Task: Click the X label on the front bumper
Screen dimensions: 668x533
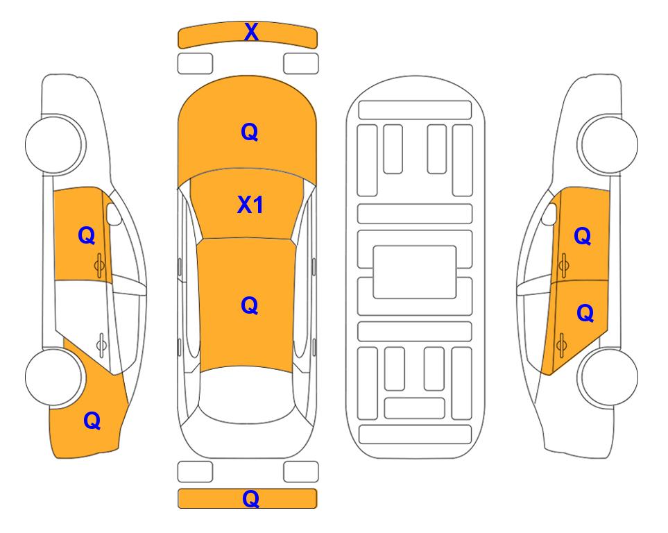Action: point(251,32)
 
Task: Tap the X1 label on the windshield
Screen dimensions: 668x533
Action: point(250,205)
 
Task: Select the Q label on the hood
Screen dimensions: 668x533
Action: point(250,132)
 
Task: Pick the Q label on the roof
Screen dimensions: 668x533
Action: point(250,306)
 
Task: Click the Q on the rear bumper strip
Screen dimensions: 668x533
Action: point(250,499)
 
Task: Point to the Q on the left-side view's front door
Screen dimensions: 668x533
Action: point(87,235)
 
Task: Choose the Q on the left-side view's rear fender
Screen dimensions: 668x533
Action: point(92,421)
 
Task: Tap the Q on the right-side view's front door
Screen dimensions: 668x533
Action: point(583,236)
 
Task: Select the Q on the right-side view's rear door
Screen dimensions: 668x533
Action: point(585,314)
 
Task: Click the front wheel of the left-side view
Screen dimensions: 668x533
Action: point(55,144)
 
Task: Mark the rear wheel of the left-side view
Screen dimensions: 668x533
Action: point(53,377)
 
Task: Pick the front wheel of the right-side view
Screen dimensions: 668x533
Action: point(608,144)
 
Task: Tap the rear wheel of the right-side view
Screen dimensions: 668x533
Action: point(609,377)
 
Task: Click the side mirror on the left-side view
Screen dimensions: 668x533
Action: point(113,214)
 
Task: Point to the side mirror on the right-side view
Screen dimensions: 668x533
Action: point(549,214)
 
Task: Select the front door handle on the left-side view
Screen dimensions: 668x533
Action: point(100,265)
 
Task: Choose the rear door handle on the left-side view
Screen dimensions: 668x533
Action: point(101,344)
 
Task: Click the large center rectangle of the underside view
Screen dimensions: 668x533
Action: point(415,272)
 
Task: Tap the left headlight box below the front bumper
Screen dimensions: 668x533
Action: point(195,64)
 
